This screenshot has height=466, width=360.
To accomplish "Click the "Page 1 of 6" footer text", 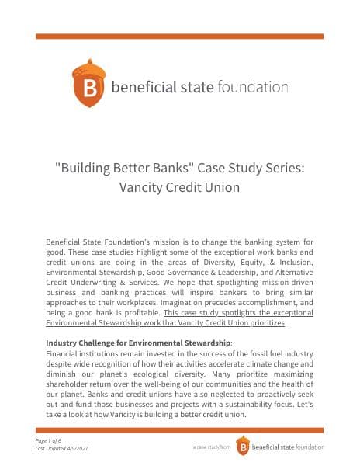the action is (x=61, y=440).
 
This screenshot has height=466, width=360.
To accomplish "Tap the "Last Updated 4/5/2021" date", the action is (x=72, y=449).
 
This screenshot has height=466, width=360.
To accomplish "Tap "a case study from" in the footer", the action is (x=212, y=448).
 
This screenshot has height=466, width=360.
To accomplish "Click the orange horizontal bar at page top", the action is (x=179, y=37).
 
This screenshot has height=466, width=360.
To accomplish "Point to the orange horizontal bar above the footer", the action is (x=179, y=429).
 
